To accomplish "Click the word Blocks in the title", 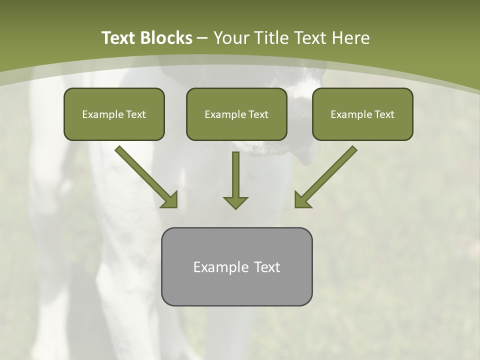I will click(x=165, y=38).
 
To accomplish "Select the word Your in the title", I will click(x=231, y=38).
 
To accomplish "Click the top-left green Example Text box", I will click(x=114, y=114).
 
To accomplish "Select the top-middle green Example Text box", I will click(x=236, y=114).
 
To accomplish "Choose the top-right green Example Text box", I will click(x=362, y=114).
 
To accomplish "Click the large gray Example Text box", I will click(x=236, y=266).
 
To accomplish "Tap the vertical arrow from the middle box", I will click(x=235, y=175).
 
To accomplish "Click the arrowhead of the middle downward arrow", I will click(x=235, y=202).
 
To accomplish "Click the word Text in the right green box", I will click(x=384, y=114).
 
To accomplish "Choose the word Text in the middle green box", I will click(x=258, y=114).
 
